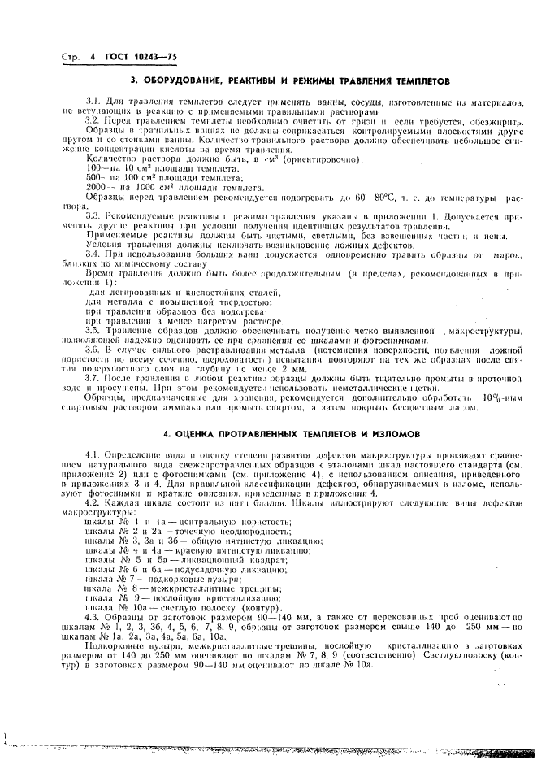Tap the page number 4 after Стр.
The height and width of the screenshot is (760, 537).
click(x=93, y=57)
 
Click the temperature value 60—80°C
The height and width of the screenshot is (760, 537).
click(x=375, y=198)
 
